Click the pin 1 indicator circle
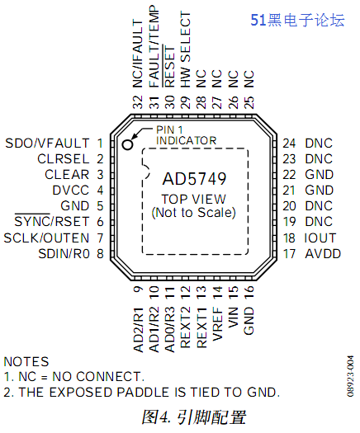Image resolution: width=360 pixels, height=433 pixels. pos(127,144)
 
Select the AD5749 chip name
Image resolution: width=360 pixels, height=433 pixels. pos(194,179)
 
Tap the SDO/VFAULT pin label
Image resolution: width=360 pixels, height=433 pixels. pos(47,143)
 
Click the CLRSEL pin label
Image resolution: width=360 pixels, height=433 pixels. pos(64,159)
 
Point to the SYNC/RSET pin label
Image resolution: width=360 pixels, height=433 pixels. pos(52,221)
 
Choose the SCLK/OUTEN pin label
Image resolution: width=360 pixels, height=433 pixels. pos(46,238)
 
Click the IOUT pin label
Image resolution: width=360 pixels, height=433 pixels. pos(320,238)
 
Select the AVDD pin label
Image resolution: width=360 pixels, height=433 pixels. pos(323,253)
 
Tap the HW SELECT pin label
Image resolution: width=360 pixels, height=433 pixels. pos(186,49)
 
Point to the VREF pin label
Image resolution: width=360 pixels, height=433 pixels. pos(217,323)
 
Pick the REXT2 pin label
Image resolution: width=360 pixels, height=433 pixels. pos(185,327)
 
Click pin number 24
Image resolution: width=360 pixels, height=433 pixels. pos(289,143)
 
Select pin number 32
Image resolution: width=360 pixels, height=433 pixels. pos(138,102)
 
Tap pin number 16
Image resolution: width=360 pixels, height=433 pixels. pos(249,293)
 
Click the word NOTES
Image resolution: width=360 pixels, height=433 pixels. pos(26,361)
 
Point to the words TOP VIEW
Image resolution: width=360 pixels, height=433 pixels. pos(194,199)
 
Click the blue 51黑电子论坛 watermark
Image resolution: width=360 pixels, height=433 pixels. pos(297,20)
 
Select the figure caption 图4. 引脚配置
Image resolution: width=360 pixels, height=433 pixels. pos(193,417)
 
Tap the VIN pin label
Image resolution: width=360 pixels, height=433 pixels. pos(233,318)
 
